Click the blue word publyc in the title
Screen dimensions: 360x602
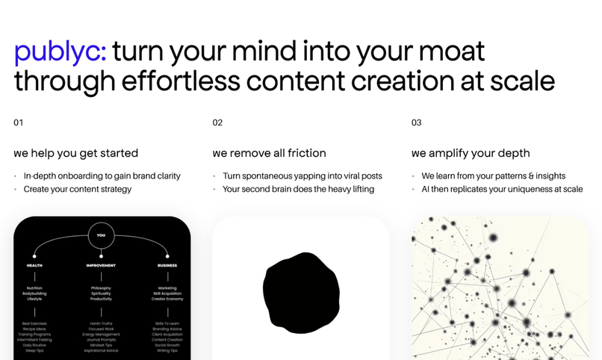tap(60, 52)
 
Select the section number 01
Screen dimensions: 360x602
tap(19, 122)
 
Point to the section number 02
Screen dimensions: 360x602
tap(217, 122)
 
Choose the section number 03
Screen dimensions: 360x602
tap(416, 122)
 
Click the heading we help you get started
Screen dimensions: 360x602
tap(75, 153)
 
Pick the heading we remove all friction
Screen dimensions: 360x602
tap(269, 153)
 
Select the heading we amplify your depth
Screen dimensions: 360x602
tap(471, 153)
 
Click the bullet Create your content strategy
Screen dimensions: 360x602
tap(78, 189)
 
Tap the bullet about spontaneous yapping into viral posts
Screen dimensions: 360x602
tap(302, 176)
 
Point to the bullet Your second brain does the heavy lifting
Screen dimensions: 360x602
tap(298, 189)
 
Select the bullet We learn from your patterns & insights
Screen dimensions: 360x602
tap(493, 176)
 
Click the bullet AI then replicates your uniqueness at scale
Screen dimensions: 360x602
tap(502, 189)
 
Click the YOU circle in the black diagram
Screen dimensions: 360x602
tap(101, 235)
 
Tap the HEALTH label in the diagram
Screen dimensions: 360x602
tap(34, 265)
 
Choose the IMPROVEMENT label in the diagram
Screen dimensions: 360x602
tap(101, 265)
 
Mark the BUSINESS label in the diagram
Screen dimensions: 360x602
tap(167, 265)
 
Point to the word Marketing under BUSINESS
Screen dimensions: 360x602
tap(167, 288)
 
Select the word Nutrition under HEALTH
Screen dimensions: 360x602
tap(34, 288)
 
